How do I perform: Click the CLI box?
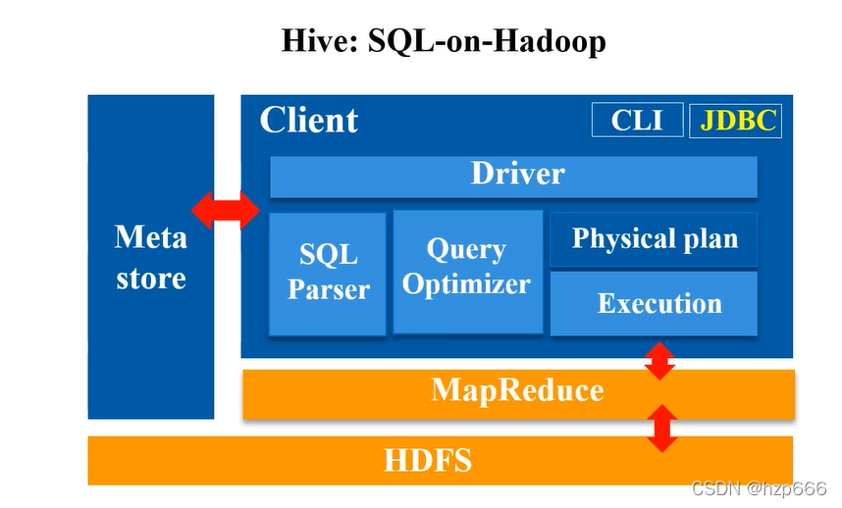click(x=638, y=120)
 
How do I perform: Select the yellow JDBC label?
click(x=738, y=121)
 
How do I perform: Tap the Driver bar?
click(x=513, y=178)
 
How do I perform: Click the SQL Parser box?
click(x=328, y=275)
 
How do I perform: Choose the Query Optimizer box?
click(x=468, y=272)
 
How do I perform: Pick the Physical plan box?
click(x=654, y=239)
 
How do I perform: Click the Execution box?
click(x=654, y=304)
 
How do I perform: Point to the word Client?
click(x=309, y=120)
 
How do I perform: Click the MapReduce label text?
click(x=517, y=390)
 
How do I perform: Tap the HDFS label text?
click(x=428, y=460)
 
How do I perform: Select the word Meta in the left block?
click(x=151, y=236)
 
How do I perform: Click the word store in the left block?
click(x=151, y=279)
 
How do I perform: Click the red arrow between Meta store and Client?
click(x=226, y=211)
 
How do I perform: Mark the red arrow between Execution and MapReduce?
click(x=660, y=361)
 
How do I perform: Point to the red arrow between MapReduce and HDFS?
click(x=662, y=428)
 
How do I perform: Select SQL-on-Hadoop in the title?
click(x=487, y=42)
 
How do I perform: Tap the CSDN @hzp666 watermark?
click(x=759, y=488)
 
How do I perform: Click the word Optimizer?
click(x=466, y=284)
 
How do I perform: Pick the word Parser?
click(x=328, y=289)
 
